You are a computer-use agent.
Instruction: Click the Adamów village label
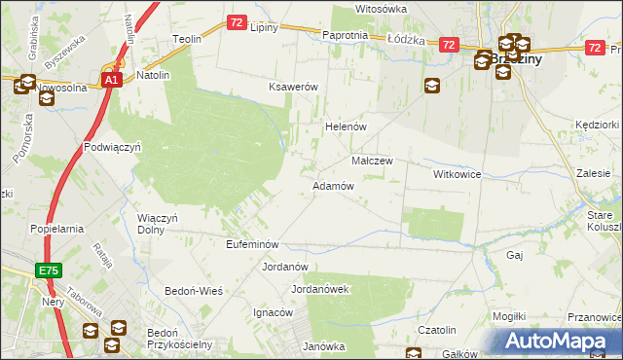click(332, 185)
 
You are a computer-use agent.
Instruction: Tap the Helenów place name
click(344, 126)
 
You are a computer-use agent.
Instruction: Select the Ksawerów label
click(294, 87)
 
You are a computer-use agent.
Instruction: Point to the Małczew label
click(371, 161)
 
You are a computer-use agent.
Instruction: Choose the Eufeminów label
click(252, 244)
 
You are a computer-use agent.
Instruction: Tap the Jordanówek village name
click(320, 289)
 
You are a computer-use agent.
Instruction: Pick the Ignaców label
click(274, 312)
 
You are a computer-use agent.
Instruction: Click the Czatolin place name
click(437, 330)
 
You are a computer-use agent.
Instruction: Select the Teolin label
click(186, 39)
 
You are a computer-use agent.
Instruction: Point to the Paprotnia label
click(345, 35)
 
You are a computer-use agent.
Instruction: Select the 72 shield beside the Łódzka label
click(449, 45)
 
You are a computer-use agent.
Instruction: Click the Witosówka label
click(381, 9)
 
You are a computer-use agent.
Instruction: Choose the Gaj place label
click(516, 254)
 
